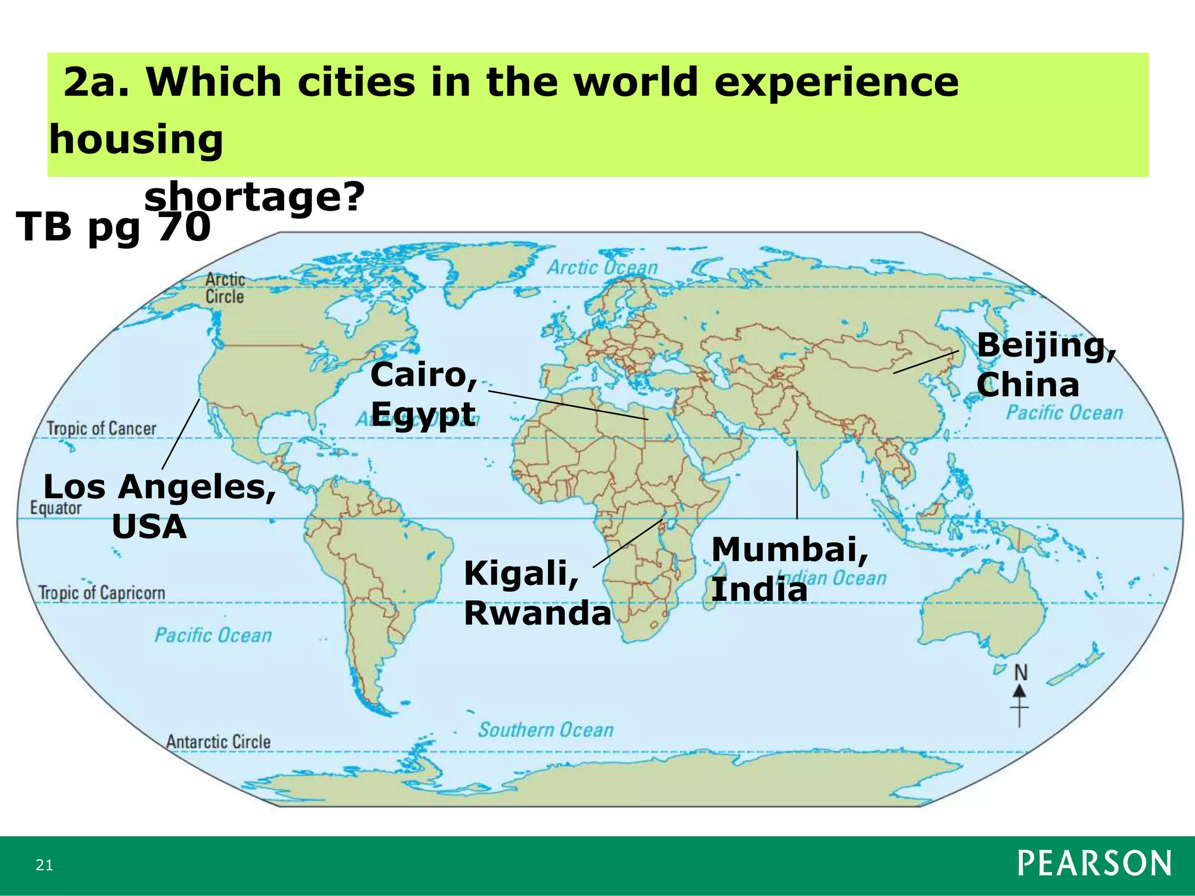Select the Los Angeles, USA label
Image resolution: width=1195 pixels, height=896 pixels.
point(159,506)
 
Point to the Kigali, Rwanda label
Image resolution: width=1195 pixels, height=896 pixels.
point(537,593)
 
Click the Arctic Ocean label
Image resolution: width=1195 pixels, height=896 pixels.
point(602,268)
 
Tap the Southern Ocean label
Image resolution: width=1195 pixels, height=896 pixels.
point(546,730)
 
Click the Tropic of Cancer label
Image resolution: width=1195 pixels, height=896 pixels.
point(102,429)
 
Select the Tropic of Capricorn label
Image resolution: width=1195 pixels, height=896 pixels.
point(102,593)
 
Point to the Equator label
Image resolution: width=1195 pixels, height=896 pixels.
point(56,508)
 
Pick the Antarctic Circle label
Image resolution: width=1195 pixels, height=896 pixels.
point(218,742)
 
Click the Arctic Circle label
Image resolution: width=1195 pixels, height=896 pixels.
point(225,288)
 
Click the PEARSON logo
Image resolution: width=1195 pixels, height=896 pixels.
point(1094,863)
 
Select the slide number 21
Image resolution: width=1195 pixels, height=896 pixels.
point(44,865)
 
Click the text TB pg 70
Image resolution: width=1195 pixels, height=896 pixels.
point(113,227)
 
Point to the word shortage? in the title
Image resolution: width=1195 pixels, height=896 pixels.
point(254,197)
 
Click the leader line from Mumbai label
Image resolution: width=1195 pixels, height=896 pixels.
point(797,484)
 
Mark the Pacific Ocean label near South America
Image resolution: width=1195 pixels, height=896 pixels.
point(213,635)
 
